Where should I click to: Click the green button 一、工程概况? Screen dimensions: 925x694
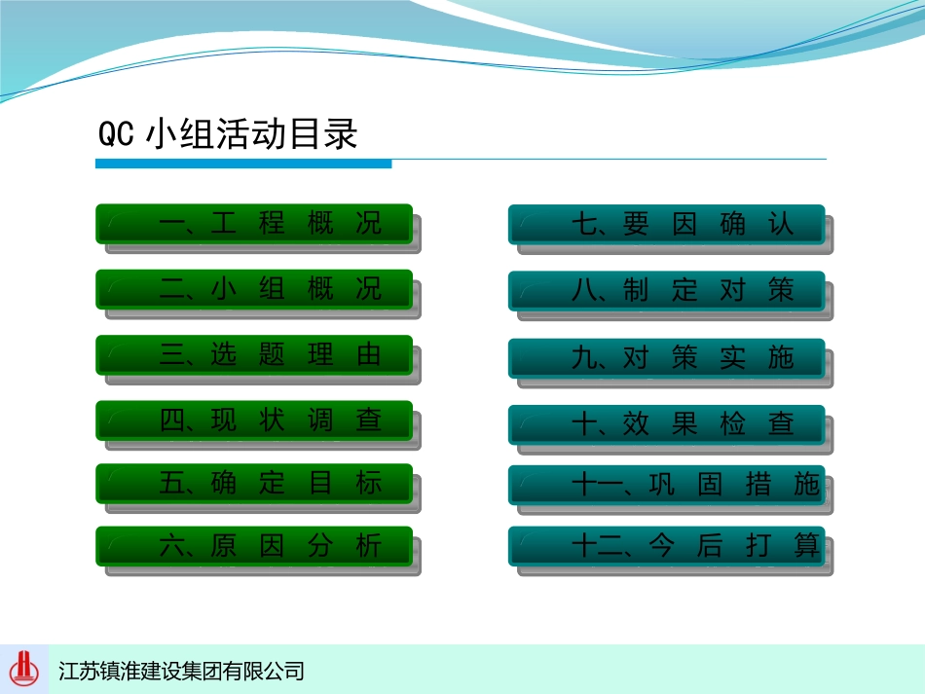[254, 224]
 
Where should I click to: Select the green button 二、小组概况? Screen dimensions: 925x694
[254, 289]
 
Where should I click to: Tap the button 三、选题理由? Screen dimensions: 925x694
[254, 354]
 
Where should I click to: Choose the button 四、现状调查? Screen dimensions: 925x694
[254, 420]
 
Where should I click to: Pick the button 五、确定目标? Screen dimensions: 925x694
[254, 483]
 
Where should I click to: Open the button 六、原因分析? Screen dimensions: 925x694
[254, 546]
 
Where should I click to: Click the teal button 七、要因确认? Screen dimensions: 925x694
[667, 224]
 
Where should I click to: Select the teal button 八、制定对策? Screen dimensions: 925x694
[667, 291]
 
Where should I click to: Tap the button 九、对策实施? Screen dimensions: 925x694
[667, 358]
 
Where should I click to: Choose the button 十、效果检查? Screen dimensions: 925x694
[667, 424]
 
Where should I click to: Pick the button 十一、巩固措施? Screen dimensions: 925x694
[667, 485]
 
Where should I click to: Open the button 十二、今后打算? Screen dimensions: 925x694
[667, 546]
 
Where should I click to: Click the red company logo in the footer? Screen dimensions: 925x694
[24, 669]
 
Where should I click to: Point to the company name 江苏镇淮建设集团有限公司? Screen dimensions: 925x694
[181, 671]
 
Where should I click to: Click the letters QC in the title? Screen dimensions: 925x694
[116, 134]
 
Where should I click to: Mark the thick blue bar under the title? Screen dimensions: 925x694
[243, 164]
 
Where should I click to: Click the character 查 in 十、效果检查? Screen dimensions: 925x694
[781, 424]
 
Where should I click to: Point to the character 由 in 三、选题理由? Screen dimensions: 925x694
[369, 354]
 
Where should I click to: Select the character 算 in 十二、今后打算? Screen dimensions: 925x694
[806, 545]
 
